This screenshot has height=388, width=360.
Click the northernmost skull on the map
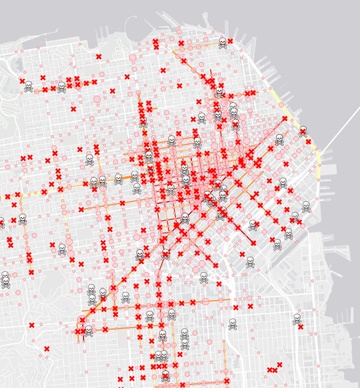pos(223,43)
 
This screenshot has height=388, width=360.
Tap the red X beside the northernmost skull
pos(230,41)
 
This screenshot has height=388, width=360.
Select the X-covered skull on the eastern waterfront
pos(303,130)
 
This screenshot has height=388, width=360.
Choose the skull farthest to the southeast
pos(297,319)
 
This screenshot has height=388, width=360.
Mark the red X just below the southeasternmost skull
pos(300,326)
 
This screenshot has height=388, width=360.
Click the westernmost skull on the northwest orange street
pos(29,86)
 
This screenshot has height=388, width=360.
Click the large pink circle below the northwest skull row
pos(97,99)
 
